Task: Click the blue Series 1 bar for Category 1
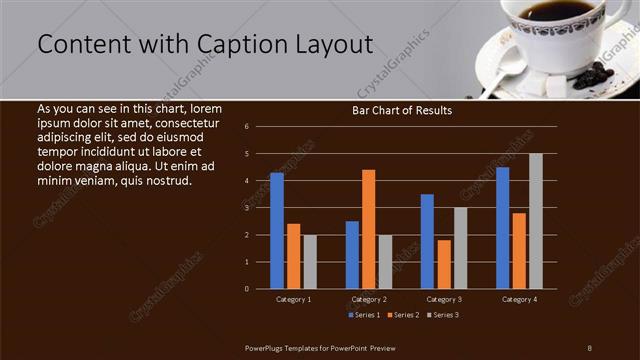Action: coord(277,231)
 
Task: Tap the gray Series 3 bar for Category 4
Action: coord(536,221)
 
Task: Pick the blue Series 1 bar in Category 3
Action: coord(427,241)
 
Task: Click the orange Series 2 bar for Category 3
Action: coord(444,264)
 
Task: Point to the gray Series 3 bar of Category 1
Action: coord(310,262)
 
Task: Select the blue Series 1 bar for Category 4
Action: coord(502,228)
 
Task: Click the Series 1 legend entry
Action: coord(364,315)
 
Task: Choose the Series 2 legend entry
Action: coord(402,315)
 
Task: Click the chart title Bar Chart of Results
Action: coord(402,110)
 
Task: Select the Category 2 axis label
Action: coord(369,299)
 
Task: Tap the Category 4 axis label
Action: coord(519,299)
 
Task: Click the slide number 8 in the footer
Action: coord(590,346)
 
